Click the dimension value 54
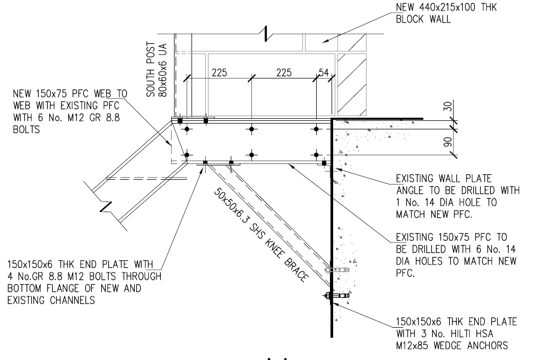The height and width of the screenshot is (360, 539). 323,73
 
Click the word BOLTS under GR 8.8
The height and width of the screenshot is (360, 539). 26,128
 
